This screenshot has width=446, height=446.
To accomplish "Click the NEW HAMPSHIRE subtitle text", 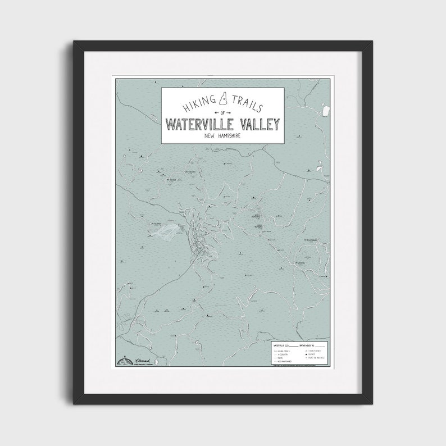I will pyautogui.click(x=223, y=136).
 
